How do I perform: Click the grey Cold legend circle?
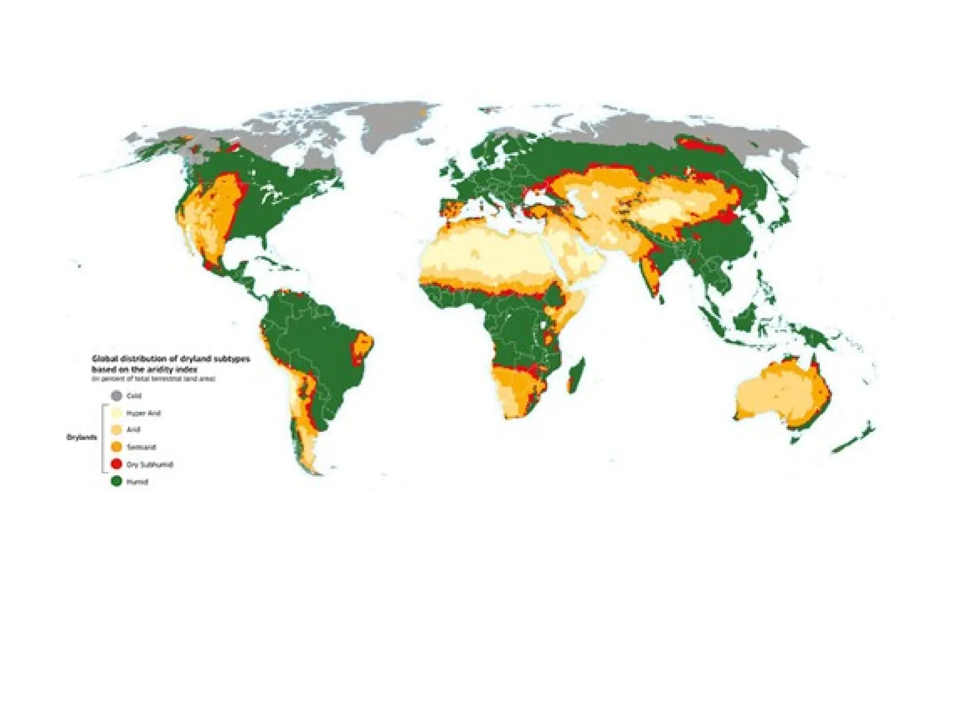(x=116, y=396)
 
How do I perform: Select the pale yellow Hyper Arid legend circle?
(x=116, y=413)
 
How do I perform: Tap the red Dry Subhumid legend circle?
(x=116, y=464)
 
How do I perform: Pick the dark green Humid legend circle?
(x=116, y=482)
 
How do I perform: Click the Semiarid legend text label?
(x=141, y=447)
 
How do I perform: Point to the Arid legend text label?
(x=133, y=430)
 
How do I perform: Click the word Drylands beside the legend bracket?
(x=81, y=438)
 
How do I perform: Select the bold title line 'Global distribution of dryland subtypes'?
(x=170, y=359)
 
